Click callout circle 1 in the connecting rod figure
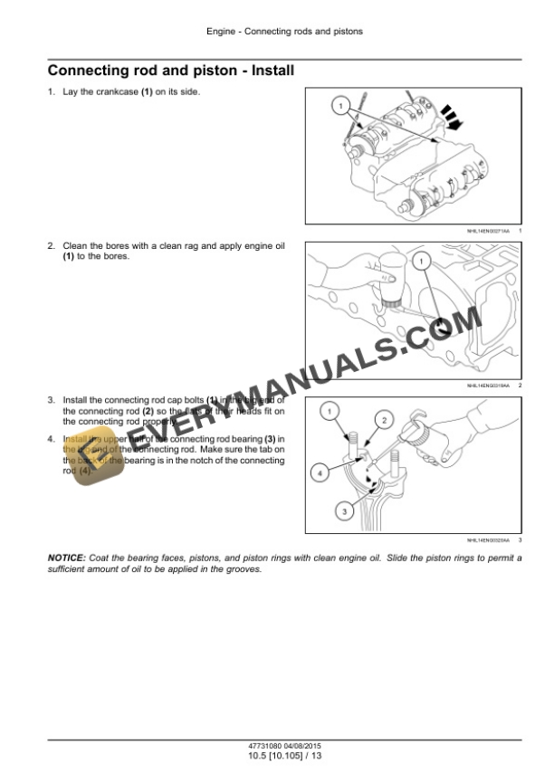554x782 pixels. [330, 411]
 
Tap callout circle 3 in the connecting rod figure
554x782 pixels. [344, 512]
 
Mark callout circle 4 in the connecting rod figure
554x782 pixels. [320, 471]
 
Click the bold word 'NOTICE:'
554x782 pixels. [66, 558]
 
